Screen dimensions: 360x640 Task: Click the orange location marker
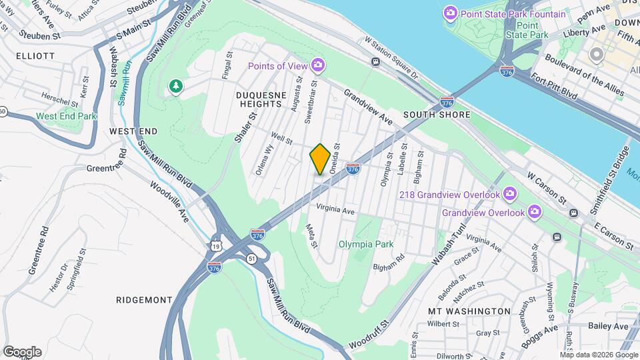(x=320, y=159)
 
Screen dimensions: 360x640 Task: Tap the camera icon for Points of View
(x=319, y=65)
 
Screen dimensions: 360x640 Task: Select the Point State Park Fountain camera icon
(x=451, y=13)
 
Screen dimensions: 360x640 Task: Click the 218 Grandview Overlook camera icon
(x=511, y=194)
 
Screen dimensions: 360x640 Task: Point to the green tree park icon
(x=175, y=87)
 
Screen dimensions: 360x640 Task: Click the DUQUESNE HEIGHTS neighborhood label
(x=260, y=99)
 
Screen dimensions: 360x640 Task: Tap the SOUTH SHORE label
(x=437, y=115)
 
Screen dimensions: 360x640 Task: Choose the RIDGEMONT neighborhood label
(x=144, y=299)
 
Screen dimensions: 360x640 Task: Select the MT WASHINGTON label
(x=469, y=311)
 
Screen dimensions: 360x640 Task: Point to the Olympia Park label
(x=365, y=244)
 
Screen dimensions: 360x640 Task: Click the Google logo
(x=22, y=351)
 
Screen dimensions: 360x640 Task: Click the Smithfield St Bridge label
(x=612, y=180)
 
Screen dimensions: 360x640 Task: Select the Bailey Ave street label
(x=608, y=326)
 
